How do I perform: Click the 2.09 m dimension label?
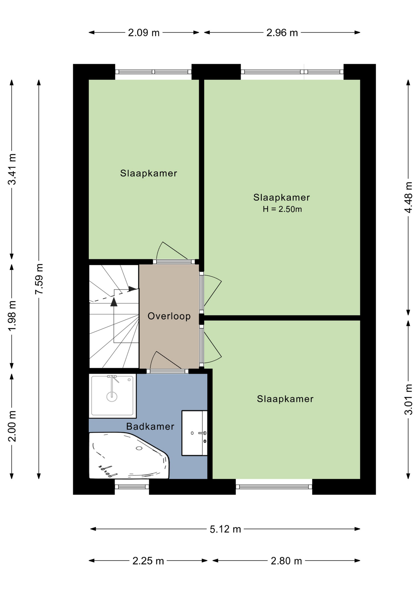pos(144,32)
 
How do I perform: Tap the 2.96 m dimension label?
pos(282,32)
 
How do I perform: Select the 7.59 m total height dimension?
pos(39,279)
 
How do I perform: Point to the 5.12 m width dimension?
pos(225,529)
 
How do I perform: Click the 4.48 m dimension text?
pos(409,197)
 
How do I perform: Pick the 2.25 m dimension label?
pos(148,561)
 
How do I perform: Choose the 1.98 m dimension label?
pos(12,316)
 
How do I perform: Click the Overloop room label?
pos(169,316)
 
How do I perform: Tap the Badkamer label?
pos(150,427)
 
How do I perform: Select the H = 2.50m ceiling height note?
pos(282,209)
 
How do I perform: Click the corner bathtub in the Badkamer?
pos(129,455)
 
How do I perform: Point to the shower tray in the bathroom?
pos(113,396)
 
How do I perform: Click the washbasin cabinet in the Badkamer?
pos(194,433)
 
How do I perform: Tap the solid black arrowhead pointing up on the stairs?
pos(114,302)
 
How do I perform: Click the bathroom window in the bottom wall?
pos(132,487)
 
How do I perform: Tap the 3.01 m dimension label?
pos(409,399)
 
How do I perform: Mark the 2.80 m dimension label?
pos(286,561)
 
